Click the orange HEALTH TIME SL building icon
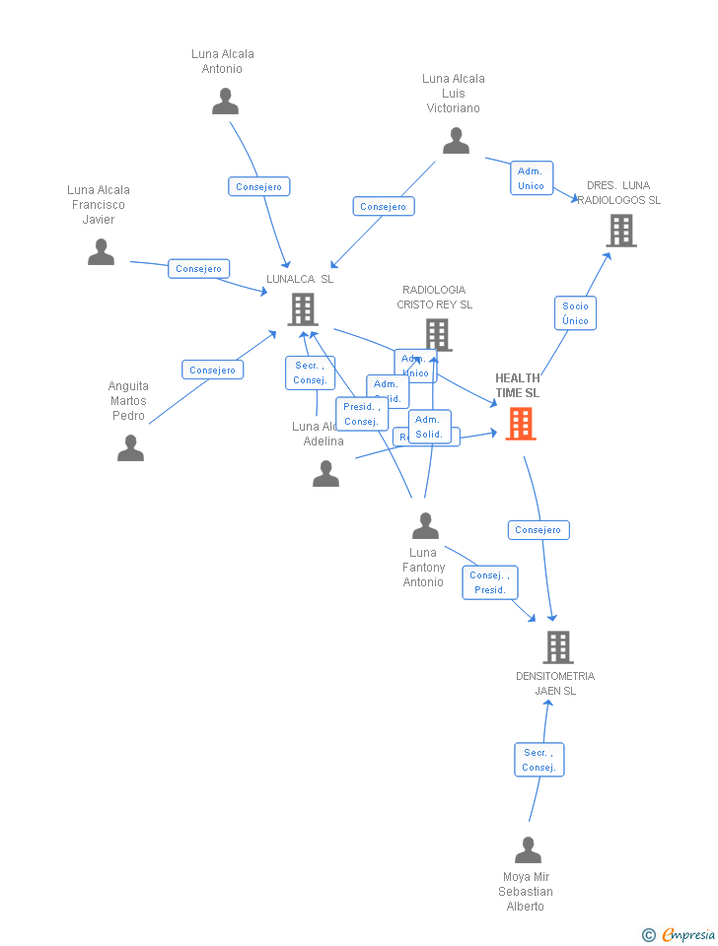pos(521,424)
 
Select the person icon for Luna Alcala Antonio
pos(225,101)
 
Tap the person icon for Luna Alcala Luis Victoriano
pos(456,141)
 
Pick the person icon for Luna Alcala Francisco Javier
pos(101,252)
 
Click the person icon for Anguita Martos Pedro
pos(130,448)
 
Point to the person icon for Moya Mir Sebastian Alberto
pos(528,849)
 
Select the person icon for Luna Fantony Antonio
pos(425,526)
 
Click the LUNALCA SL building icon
pos(302,309)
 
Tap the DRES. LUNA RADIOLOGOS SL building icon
pos(620,231)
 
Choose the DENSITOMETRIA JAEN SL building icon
pos(558,647)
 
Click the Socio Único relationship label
pos(575,313)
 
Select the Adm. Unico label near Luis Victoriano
pos(531,178)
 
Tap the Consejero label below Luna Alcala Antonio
pos(258,186)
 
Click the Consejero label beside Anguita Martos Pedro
pos(212,370)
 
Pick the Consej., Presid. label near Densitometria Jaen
pos(489,582)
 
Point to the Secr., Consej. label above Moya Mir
pos(538,760)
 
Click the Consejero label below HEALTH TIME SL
pos(538,530)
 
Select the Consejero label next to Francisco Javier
pos(198,268)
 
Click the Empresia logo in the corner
pos(680,934)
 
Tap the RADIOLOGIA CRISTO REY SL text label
pos(434,297)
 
